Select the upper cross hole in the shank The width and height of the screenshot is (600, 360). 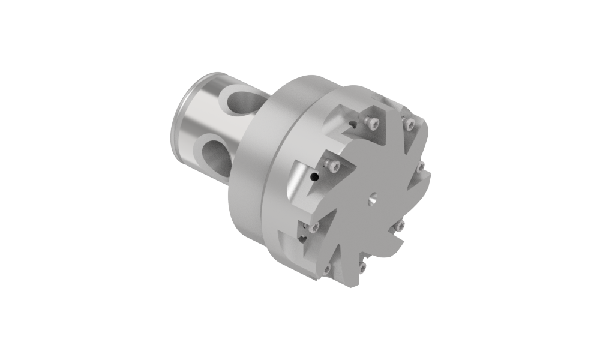tap(239, 101)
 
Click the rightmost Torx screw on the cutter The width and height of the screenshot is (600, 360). tap(421, 166)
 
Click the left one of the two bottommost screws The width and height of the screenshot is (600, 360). tap(327, 268)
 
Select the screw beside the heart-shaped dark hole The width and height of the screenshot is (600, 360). tap(314, 226)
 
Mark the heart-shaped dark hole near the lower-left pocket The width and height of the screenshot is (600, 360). tap(304, 238)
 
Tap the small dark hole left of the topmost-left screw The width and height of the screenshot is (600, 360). tap(352, 125)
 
